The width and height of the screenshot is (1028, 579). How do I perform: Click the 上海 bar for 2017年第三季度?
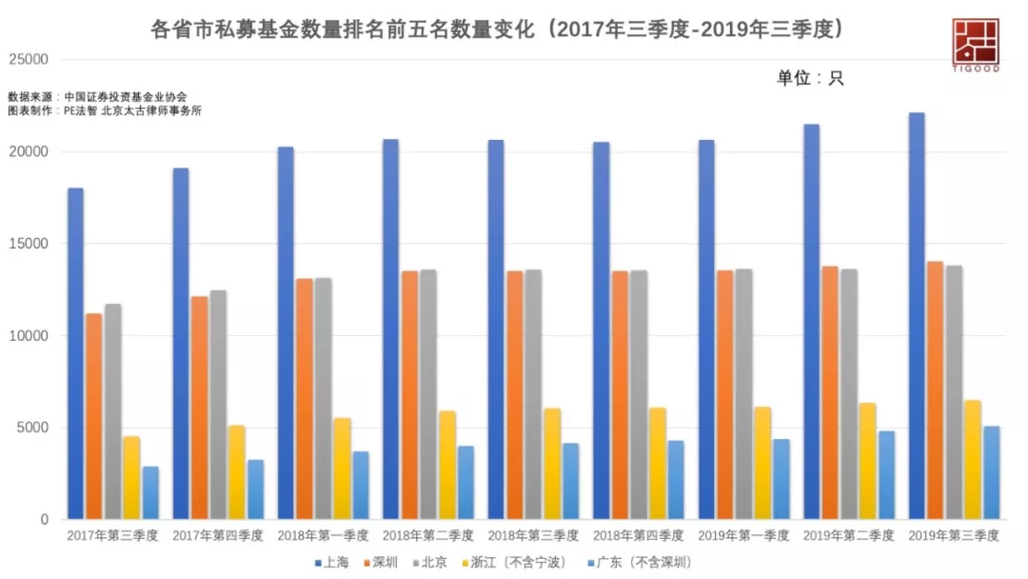coord(75,353)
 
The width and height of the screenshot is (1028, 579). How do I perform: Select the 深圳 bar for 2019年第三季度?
coord(936,390)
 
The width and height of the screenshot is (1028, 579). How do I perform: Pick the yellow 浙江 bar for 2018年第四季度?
coord(658,464)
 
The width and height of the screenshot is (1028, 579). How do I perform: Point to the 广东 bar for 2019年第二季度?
coord(886,475)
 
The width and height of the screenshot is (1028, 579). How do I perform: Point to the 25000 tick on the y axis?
coord(29,60)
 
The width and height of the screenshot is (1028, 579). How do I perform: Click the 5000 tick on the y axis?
coord(32,428)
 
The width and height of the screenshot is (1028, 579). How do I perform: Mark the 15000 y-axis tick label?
coord(29,244)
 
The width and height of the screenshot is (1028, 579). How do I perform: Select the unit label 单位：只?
coord(810,78)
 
